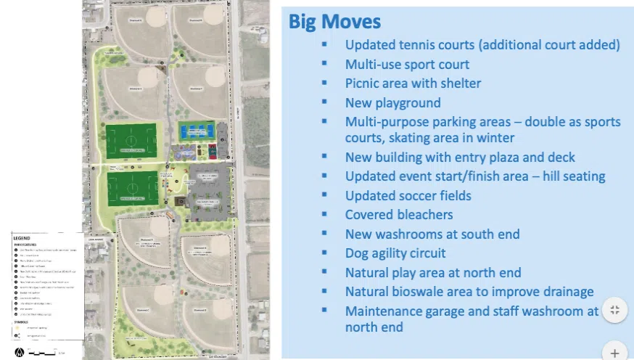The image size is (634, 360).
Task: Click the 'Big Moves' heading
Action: click(x=334, y=21)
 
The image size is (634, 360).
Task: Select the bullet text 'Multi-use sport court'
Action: click(x=407, y=64)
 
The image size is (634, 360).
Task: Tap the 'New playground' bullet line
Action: click(x=392, y=102)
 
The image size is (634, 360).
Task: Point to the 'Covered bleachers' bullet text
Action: click(x=399, y=214)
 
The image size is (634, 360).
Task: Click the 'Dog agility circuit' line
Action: click(x=395, y=253)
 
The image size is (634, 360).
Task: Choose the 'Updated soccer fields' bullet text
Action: click(x=408, y=195)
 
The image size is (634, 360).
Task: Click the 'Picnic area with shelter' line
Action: click(x=413, y=83)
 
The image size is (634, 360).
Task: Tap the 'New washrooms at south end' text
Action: click(x=432, y=234)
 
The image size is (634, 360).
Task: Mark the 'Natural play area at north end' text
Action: click(x=433, y=273)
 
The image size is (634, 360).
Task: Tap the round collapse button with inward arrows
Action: click(x=614, y=310)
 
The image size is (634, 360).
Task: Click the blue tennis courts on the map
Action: click(x=196, y=131)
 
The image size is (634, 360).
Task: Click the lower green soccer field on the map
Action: click(x=132, y=187)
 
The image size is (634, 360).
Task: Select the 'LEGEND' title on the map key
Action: click(x=22, y=238)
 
